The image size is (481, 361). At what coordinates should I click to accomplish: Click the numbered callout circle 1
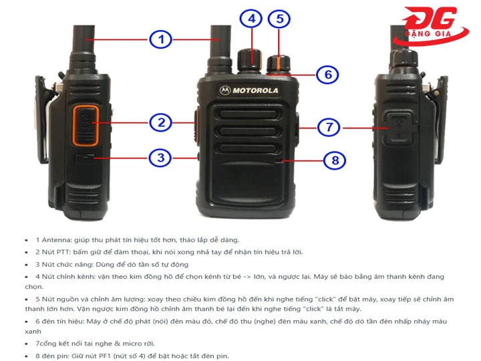pos(160,39)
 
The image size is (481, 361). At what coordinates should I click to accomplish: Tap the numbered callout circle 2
pos(161,122)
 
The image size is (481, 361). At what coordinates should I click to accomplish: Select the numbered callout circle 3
pos(160,158)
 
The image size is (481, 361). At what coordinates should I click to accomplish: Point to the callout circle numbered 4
pos(252,18)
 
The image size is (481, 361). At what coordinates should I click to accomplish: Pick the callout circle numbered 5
pos(279,18)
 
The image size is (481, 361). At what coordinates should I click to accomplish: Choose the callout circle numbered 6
pos(327,74)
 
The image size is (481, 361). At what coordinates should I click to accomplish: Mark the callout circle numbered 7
pos(329,126)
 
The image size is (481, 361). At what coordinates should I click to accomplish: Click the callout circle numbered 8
pos(335,160)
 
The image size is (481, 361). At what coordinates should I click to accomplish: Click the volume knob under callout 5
pos(279,64)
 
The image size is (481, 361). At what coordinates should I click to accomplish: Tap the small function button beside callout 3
pos(85,158)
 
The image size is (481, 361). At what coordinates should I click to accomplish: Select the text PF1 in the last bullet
pos(116,356)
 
